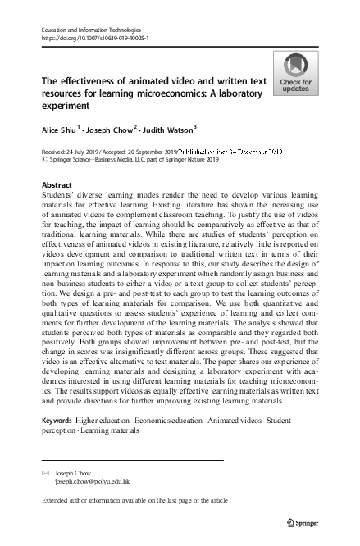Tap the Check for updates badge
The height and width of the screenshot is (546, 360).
coord(294,74)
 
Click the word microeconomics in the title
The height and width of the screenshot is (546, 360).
coord(198,94)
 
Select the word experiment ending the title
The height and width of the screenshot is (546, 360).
coord(65,107)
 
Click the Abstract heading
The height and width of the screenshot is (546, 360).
coord(57,186)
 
